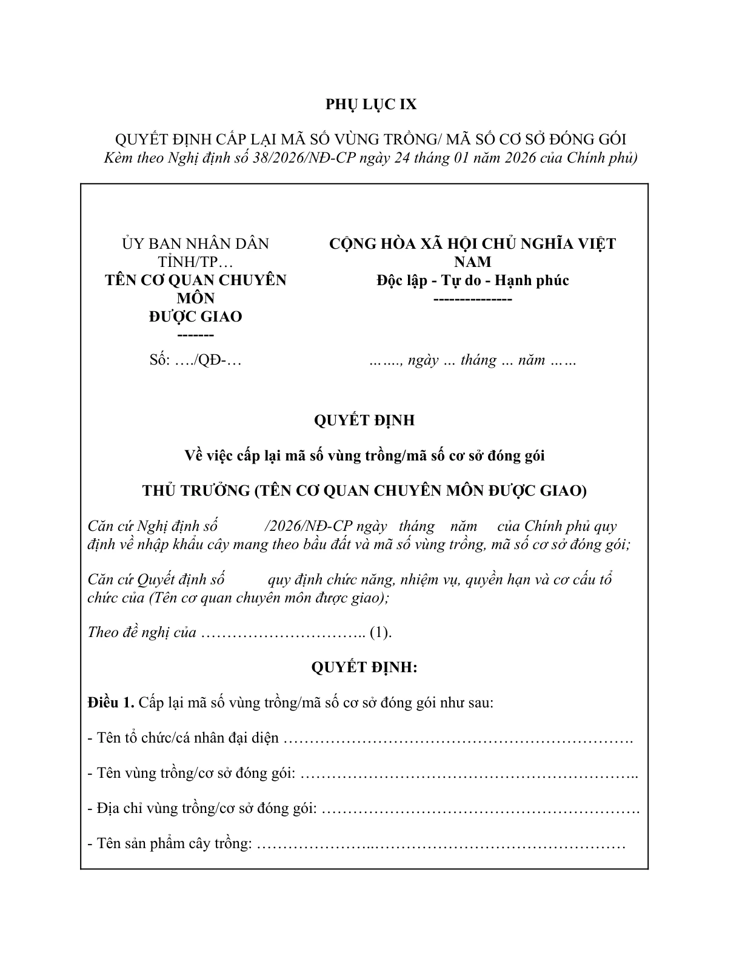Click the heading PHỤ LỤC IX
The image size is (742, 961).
(371, 104)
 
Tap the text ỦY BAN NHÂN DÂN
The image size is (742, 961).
(195, 244)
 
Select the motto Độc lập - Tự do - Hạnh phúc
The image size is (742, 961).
(472, 280)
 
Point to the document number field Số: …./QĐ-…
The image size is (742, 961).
(195, 360)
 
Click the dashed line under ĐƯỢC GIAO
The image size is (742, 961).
(195, 335)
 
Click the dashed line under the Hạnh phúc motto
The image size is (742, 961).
(472, 299)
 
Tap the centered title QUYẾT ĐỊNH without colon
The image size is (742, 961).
(364, 420)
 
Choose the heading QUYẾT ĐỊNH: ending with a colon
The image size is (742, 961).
(364, 667)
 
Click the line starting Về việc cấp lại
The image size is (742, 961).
(364, 455)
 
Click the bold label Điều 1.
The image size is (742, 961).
(110, 703)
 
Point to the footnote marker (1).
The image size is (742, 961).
(381, 632)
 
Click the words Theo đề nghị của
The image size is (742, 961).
(142, 632)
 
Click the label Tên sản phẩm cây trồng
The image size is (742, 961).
(170, 843)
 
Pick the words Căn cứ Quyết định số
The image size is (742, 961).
(156, 579)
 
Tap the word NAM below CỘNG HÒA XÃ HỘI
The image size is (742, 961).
(472, 262)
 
